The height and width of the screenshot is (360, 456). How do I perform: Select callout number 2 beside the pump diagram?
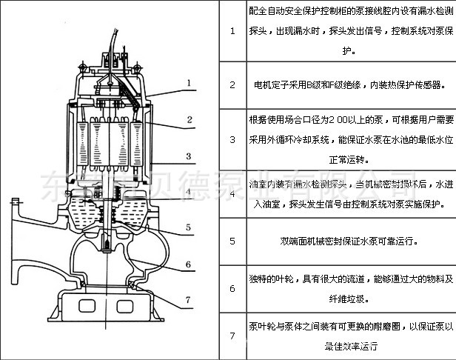point(190,119)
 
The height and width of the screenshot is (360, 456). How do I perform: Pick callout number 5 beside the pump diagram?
point(189,207)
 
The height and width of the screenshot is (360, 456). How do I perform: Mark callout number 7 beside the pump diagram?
point(189,299)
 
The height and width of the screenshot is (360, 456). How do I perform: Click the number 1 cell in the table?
point(232,31)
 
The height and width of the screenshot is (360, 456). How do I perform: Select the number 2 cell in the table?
point(232,85)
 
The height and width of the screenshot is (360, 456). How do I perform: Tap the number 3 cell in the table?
point(232,139)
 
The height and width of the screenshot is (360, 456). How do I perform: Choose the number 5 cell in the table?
point(232,241)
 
